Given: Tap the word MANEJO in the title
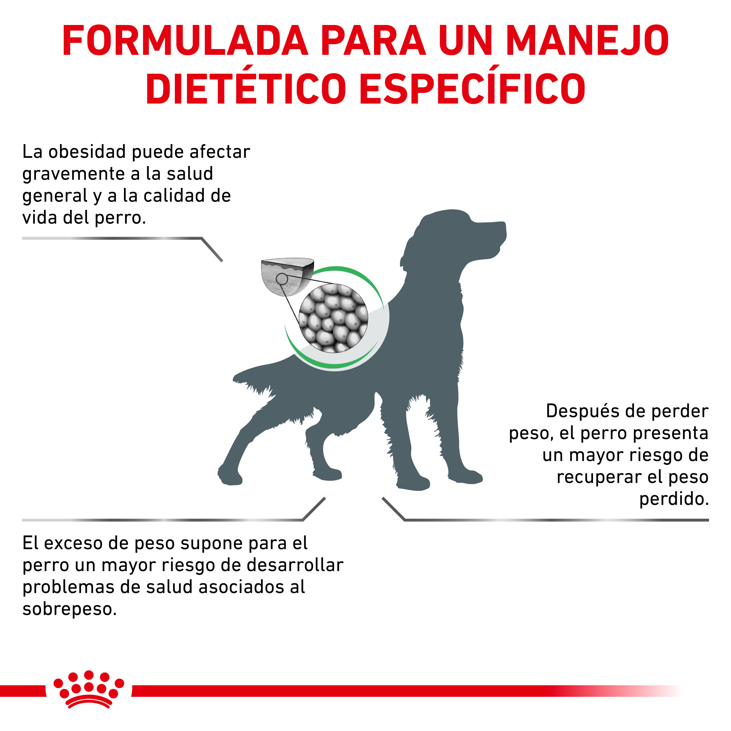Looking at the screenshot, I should (587, 41).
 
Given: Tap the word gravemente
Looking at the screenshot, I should (73, 174).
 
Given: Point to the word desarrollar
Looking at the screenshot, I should (295, 565).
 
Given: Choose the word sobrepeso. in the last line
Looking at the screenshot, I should (69, 609).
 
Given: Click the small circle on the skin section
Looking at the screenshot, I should (282, 279).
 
